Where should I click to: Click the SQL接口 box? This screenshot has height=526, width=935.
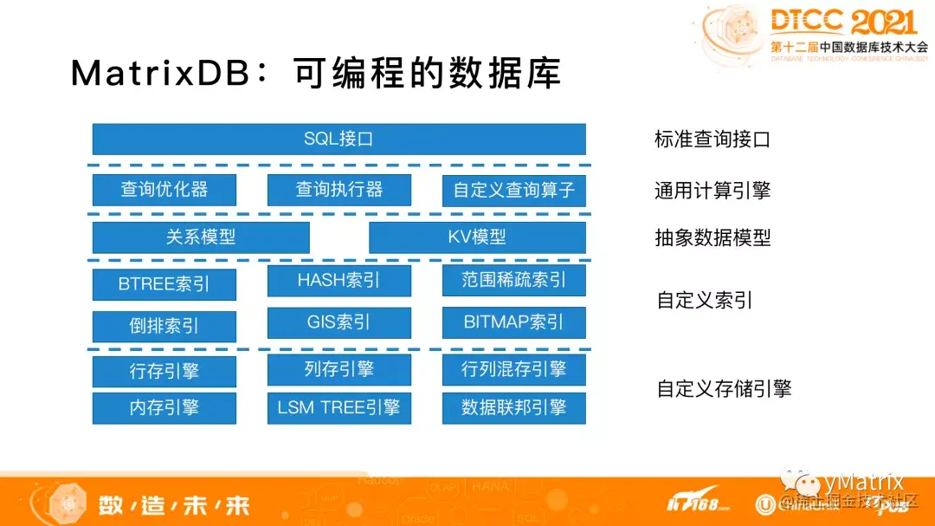[x=339, y=139]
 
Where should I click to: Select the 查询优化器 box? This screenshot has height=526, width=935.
[x=164, y=190]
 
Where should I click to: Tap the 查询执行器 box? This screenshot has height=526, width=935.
[x=339, y=190]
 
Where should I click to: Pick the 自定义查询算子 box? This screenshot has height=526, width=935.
[x=513, y=190]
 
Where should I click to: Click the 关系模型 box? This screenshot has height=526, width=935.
[x=201, y=237]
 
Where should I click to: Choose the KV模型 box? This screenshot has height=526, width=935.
[x=477, y=237]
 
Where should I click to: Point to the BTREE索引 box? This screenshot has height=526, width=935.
[x=164, y=284]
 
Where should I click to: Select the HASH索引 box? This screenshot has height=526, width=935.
[x=339, y=281]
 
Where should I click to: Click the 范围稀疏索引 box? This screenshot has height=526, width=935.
[x=513, y=281]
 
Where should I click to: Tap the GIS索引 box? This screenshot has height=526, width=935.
[x=339, y=322]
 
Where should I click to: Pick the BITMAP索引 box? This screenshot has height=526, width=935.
[x=513, y=322]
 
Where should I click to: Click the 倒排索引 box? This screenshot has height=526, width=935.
[x=164, y=327]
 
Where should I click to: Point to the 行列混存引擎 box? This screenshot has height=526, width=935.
[x=513, y=370]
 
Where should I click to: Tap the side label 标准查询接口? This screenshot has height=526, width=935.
[x=712, y=140]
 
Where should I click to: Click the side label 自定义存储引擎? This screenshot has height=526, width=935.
[x=724, y=389]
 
